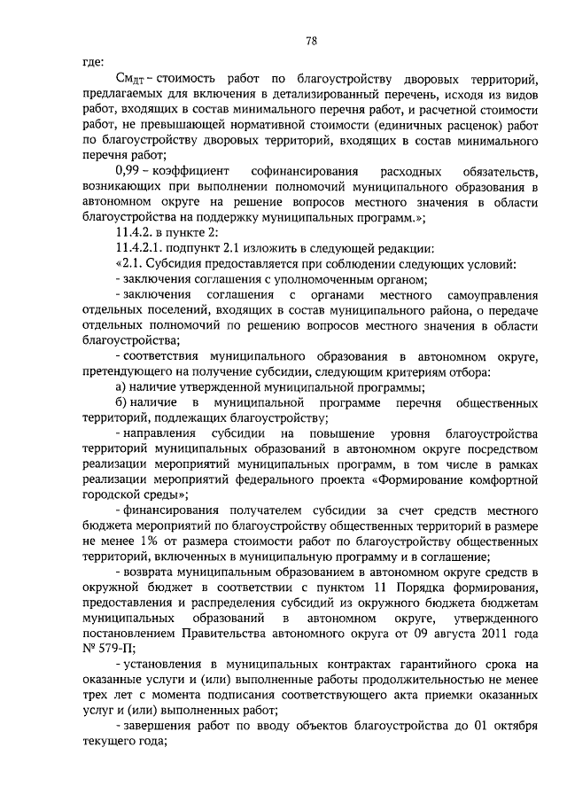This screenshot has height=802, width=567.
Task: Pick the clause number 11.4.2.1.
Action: [x=142, y=247]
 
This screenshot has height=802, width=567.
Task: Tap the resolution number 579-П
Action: [x=113, y=650]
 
